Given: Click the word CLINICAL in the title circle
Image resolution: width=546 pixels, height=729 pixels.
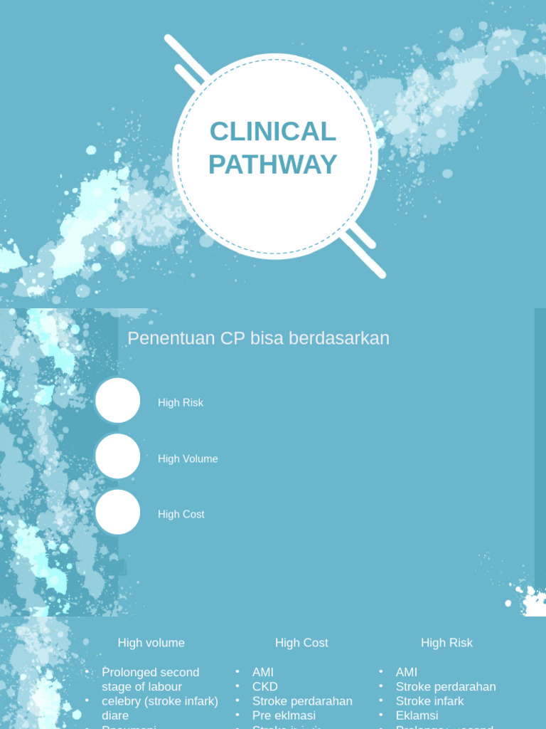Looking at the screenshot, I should tap(273, 132).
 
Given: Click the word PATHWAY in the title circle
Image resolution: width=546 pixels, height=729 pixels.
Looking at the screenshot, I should tap(273, 164).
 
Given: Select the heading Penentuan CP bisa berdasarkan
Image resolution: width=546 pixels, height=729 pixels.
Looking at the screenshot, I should tap(258, 339).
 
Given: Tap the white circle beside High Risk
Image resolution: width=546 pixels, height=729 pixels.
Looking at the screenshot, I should tap(118, 401).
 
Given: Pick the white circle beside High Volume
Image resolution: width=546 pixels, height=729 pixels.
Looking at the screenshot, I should tap(118, 456).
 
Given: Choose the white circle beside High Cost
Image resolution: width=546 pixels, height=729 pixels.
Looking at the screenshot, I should tap(118, 513).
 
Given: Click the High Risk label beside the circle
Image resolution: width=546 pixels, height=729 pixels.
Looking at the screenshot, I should tap(181, 403).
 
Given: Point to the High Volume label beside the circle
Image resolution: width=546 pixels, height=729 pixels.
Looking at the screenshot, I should tap(188, 459).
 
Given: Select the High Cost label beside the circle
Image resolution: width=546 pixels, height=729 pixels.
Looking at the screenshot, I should tap(181, 515).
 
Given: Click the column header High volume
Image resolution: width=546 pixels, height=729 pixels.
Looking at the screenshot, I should tap(151, 643).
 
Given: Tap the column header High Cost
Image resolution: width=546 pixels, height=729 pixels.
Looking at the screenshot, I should tap(301, 643).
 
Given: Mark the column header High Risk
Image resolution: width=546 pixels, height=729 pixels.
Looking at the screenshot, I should tap(446, 643).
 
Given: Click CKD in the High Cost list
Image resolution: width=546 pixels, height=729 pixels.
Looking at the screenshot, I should tap(264, 687).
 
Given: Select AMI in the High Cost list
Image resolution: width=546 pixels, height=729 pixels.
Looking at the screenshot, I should tap(263, 673).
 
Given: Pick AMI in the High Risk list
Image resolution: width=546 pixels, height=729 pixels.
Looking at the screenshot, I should tap(407, 673).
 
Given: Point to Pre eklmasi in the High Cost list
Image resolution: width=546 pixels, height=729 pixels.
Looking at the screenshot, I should tap(284, 715).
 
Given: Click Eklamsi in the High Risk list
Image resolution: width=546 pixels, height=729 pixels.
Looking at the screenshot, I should tap(417, 715).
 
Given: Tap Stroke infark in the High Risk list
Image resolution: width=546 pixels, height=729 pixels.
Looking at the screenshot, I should tap(429, 701).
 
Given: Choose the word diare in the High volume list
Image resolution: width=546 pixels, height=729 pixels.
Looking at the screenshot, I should tap(115, 715).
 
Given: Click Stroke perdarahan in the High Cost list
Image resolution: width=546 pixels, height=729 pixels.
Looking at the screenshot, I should tap(302, 701).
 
